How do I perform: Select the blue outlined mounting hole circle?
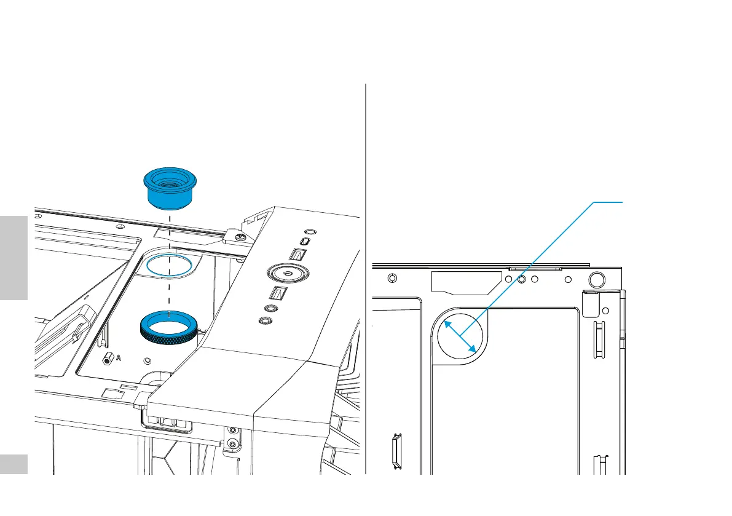tap(168, 266)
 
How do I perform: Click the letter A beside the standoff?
tap(117, 360)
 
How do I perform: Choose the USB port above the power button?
tap(298, 255)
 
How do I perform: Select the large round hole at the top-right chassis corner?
tap(596, 280)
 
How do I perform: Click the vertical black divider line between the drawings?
tap(366, 277)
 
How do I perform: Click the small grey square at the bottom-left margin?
tap(14, 464)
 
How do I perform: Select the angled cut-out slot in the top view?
tap(464, 282)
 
